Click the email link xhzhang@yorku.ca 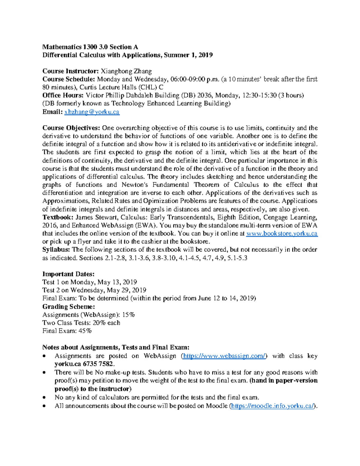[x=92, y=112]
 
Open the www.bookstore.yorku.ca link [x=282, y=233]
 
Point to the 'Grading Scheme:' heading [x=69, y=306]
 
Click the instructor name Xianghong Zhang [x=126, y=71]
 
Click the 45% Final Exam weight [x=85, y=331]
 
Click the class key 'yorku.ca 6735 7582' [x=84, y=364]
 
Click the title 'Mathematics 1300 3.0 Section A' [x=90, y=47]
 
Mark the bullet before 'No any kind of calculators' [x=44, y=398]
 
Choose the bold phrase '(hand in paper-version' [x=283, y=380]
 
